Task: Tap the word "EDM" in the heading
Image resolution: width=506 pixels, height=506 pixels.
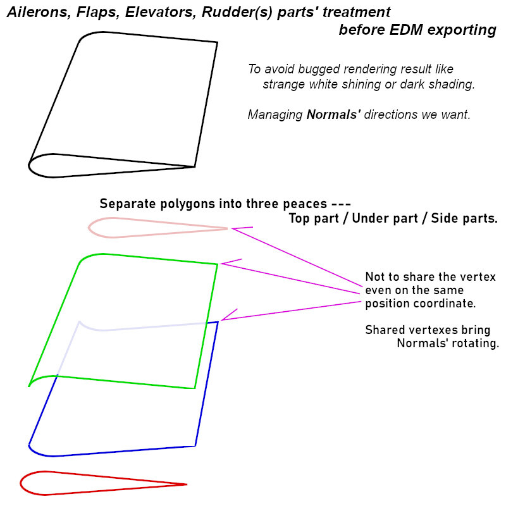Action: point(406,30)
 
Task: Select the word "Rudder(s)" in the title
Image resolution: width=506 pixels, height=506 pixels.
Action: point(237,13)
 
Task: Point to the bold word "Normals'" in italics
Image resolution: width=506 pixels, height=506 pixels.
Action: point(333,114)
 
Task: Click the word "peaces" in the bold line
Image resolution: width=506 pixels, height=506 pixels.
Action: point(305,204)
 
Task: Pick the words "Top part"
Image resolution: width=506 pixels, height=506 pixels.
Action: point(313,218)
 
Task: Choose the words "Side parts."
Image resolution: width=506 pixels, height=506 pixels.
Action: point(464,218)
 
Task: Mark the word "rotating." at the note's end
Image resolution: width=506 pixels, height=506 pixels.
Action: point(476,343)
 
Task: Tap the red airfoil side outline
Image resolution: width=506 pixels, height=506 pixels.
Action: point(20,483)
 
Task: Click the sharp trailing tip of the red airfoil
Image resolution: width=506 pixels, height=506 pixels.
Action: point(187,484)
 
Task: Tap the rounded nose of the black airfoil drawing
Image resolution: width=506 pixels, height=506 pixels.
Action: point(29,165)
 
